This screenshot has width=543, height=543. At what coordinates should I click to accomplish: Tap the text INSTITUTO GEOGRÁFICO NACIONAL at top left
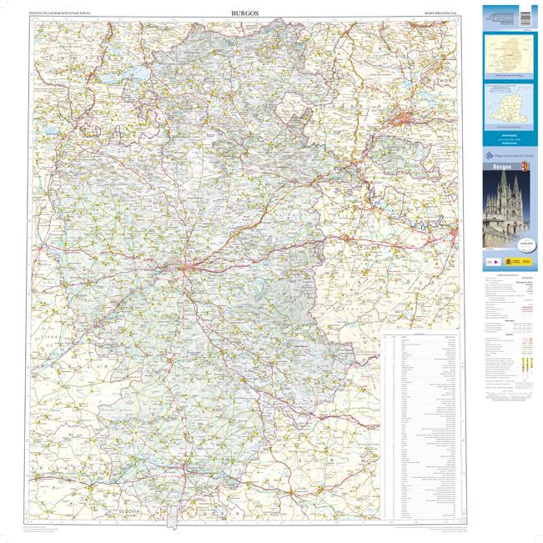(61, 14)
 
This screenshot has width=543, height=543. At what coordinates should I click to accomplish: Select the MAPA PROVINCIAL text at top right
(442, 14)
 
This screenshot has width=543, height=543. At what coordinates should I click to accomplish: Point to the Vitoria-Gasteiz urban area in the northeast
(410, 118)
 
